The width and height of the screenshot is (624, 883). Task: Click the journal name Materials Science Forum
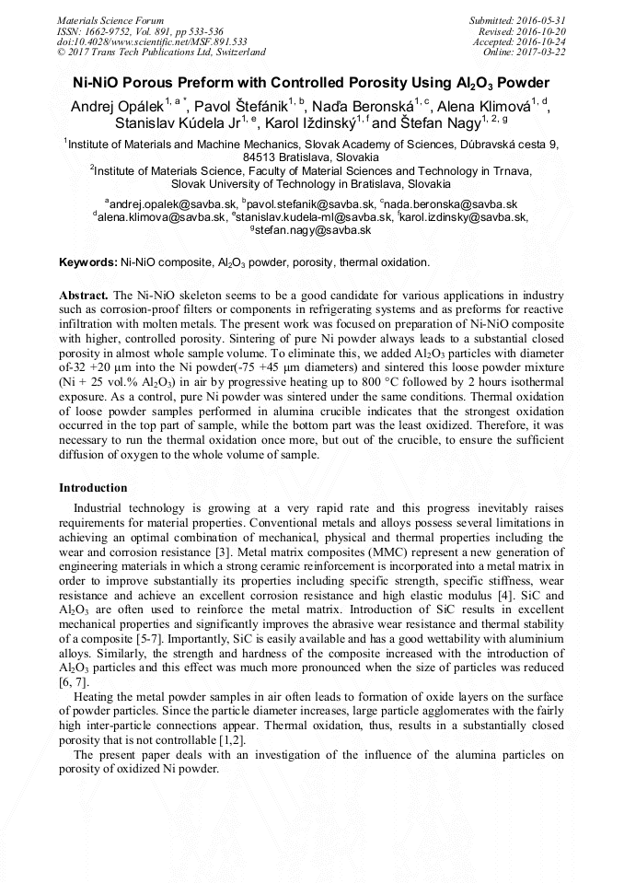click(110, 19)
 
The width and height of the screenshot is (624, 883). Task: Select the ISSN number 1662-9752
click(117, 30)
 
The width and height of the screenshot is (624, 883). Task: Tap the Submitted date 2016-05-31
click(538, 19)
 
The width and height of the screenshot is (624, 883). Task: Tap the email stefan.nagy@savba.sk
click(313, 230)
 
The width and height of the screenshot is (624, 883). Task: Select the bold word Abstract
click(84, 295)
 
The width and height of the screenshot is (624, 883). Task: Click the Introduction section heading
click(93, 488)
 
